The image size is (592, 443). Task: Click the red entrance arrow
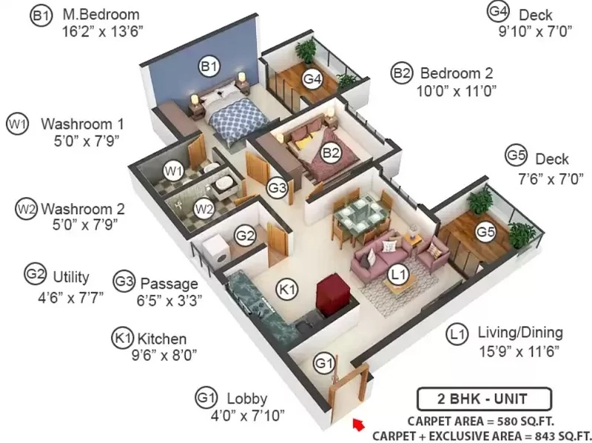359,424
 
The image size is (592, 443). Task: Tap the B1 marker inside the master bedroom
209,67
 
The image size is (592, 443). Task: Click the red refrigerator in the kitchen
334,294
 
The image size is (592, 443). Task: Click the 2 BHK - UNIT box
484,399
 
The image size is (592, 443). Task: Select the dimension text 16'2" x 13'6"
103,31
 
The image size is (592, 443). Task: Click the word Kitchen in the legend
162,339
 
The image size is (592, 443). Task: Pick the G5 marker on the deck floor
485,232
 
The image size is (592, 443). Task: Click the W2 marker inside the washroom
204,209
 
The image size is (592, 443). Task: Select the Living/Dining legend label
520,333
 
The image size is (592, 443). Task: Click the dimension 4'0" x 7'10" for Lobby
248,416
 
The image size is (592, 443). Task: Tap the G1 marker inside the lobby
325,363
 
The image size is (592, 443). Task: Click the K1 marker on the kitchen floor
287,290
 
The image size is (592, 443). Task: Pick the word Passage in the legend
169,284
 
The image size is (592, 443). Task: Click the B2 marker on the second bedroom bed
330,153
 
